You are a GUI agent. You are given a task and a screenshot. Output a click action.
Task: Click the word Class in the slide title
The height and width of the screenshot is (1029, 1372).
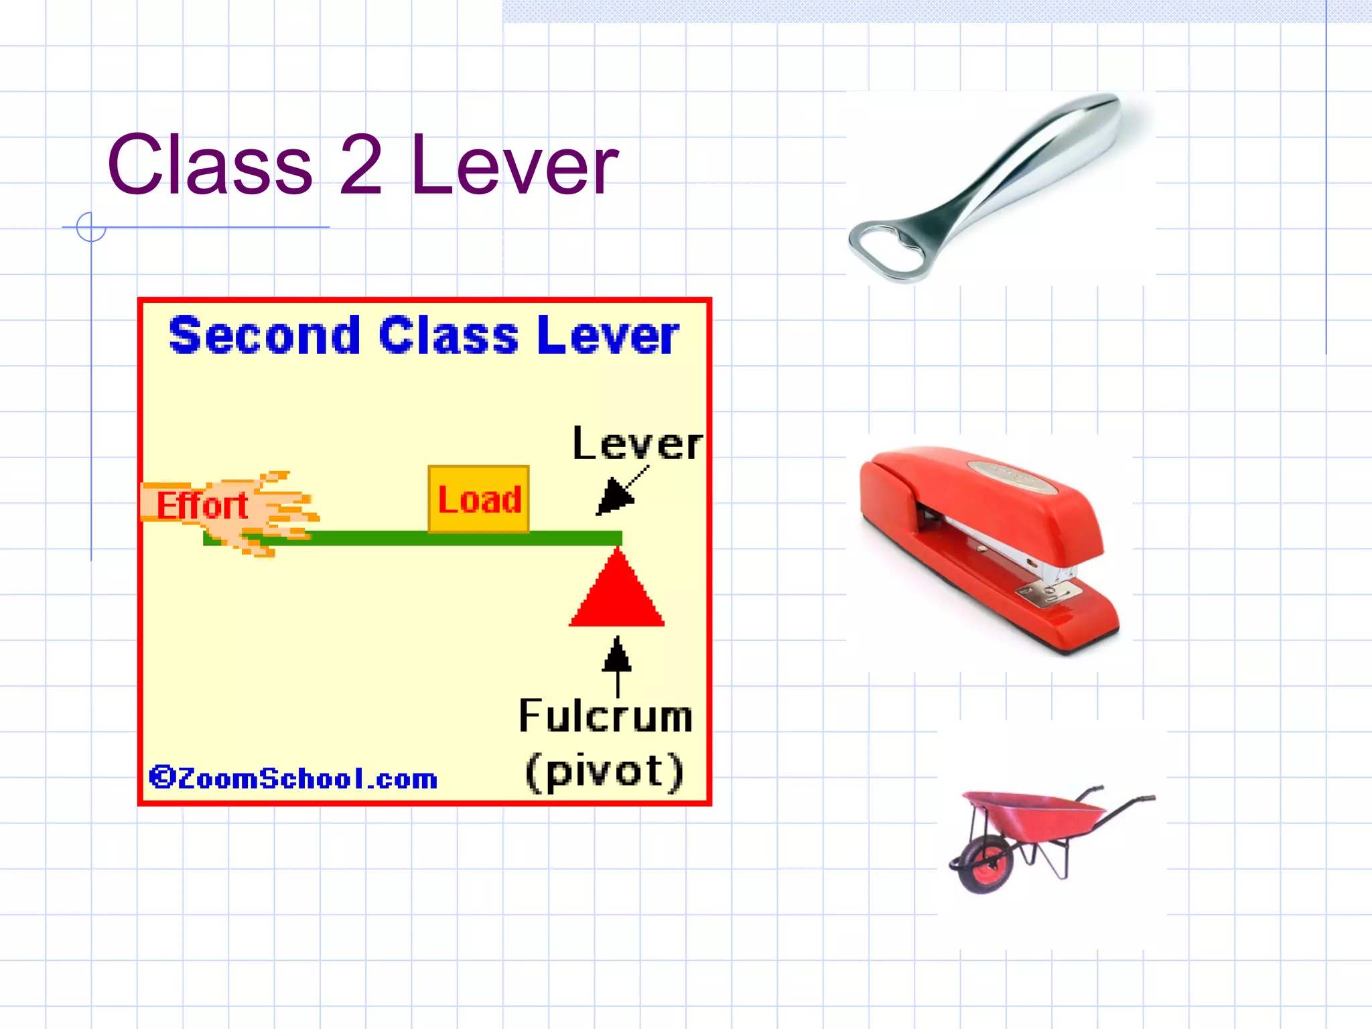[210, 165]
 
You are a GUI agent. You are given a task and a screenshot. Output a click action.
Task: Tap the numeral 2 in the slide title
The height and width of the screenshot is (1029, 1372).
[360, 165]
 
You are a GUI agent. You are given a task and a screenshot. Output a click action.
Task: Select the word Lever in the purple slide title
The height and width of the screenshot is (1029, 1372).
[514, 165]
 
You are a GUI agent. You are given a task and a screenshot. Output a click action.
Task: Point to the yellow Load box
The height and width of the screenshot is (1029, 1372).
[478, 499]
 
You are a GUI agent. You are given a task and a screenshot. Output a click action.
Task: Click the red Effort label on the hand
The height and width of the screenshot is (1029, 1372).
[202, 505]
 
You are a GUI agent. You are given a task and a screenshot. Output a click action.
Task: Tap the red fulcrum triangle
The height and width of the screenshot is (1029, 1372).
[617, 594]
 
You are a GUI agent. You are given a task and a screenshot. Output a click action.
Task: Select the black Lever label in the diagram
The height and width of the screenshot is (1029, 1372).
[637, 443]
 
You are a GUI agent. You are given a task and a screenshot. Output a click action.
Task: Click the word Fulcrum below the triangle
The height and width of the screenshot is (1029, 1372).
[606, 716]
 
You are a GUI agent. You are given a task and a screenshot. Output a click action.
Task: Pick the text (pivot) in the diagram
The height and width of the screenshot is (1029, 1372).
[604, 771]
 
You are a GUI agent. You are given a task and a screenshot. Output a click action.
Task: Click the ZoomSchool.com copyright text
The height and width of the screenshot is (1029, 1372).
[293, 778]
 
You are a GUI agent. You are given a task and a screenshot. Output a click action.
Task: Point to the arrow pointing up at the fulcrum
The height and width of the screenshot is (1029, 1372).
[617, 663]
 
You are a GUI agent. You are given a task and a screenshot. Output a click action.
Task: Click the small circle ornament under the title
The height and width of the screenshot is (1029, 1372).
[91, 227]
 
